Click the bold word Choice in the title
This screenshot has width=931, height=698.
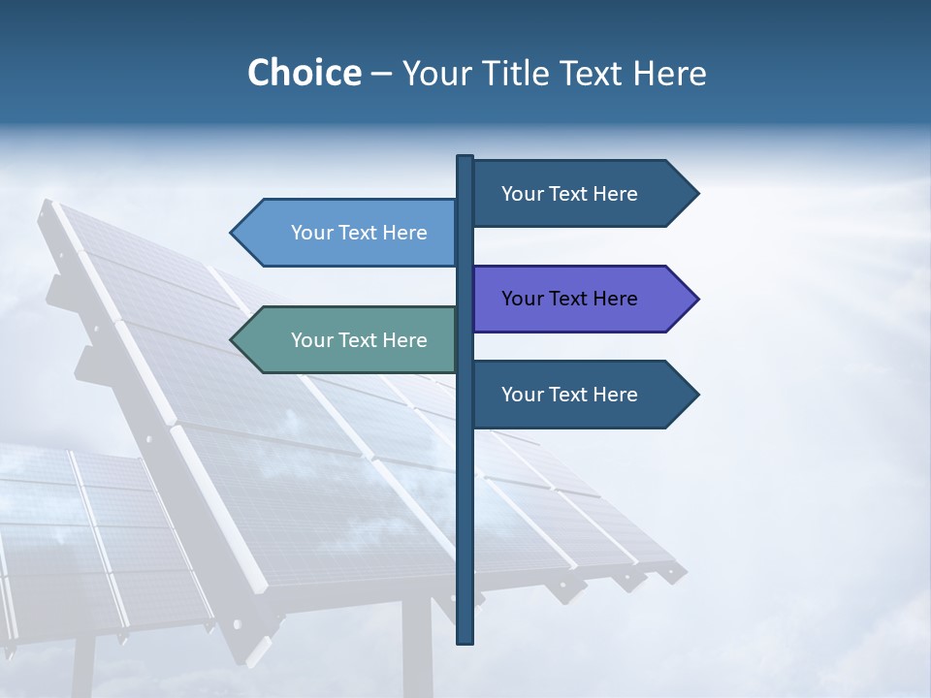[x=304, y=74]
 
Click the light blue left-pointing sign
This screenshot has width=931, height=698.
[x=349, y=233]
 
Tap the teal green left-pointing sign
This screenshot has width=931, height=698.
[x=349, y=340]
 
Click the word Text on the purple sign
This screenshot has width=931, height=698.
[x=570, y=299]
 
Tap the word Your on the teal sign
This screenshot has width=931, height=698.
[x=311, y=340]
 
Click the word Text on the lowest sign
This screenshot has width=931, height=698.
[x=570, y=395]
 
